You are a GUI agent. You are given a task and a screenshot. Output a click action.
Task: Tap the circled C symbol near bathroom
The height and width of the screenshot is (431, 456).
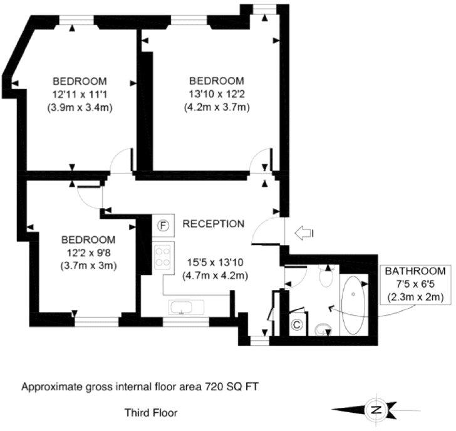pos(298,325)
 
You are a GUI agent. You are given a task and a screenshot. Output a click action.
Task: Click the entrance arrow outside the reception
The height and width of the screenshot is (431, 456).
pos(304,234)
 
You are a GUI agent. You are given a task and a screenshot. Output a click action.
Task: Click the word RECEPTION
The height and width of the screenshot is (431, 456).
pos(213,224)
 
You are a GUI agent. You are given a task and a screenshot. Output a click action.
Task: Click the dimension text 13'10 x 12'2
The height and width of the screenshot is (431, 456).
pos(217,94)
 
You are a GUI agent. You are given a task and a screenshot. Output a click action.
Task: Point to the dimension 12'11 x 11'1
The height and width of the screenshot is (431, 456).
pos(79,94)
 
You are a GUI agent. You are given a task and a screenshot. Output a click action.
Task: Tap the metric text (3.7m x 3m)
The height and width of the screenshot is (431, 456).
pos(88,265)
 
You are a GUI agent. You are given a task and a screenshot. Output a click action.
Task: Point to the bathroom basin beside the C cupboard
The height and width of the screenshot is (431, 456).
pos(324,328)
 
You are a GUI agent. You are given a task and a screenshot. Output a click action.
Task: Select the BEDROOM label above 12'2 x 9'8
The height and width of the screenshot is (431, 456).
pos(88,240)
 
